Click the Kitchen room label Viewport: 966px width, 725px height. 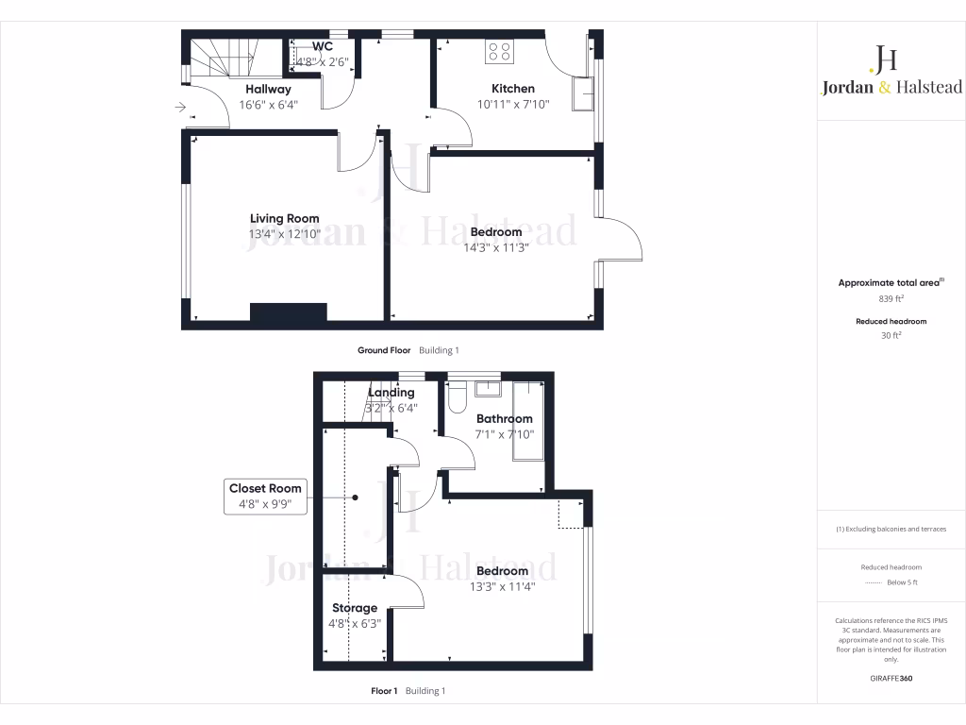[512, 89]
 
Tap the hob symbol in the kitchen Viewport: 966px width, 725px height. [499, 53]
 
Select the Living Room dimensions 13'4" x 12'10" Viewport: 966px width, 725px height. [284, 233]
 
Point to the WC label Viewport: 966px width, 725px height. [323, 45]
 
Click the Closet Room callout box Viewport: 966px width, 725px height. [265, 496]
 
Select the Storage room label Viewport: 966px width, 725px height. [354, 608]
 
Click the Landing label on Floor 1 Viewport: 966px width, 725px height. [391, 393]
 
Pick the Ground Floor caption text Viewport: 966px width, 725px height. [384, 350]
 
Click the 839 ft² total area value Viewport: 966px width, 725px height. [891, 298]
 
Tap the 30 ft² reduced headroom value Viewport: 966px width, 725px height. [891, 335]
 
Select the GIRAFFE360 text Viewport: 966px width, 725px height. [891, 678]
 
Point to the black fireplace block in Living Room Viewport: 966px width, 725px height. [288, 312]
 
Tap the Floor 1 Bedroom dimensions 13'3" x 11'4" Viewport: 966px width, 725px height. [502, 586]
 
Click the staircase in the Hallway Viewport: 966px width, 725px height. [222, 60]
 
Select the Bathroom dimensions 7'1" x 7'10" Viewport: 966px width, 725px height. [504, 434]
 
